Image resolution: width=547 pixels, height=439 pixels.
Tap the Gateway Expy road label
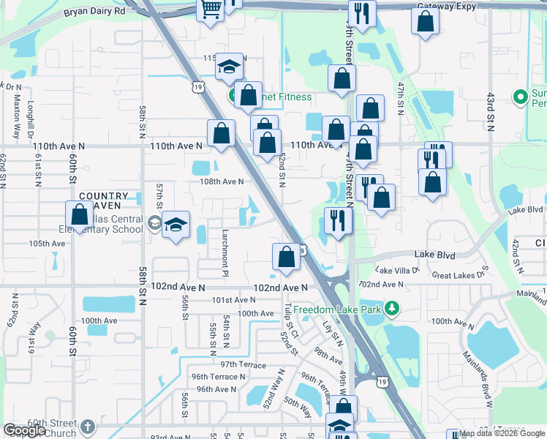(446, 7)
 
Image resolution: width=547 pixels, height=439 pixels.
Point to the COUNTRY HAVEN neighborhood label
(103, 201)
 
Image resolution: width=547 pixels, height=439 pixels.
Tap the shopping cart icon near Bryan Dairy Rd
(211, 10)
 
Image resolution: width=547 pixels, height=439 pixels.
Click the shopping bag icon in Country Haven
(80, 216)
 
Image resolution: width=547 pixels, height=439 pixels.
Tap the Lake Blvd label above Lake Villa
(434, 255)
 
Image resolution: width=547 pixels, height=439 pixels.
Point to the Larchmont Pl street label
(225, 247)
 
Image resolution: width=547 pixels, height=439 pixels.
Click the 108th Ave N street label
(222, 181)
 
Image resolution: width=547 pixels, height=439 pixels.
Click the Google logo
(24, 430)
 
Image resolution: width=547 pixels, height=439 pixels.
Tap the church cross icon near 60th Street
(87, 427)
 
